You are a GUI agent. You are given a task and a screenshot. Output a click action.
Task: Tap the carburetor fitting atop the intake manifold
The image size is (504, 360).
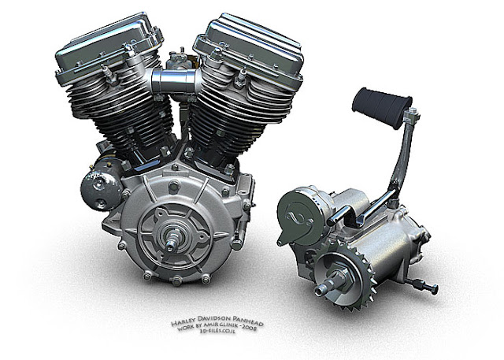pos(177,59)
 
